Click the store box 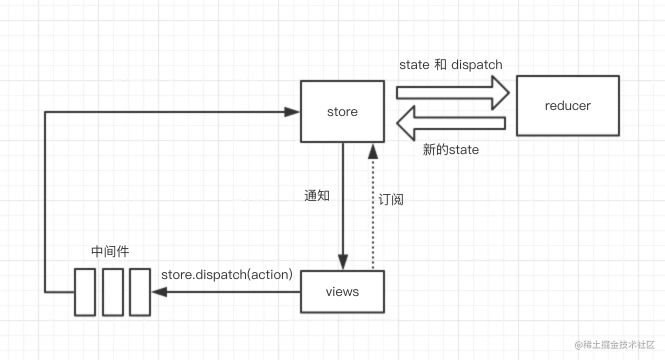(x=342, y=111)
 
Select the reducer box (x=567, y=105)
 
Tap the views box (x=342, y=291)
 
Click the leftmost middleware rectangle (x=85, y=292)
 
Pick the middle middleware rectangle (x=112, y=292)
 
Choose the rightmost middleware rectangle (x=139, y=292)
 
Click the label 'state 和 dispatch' (x=450, y=64)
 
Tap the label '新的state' (x=450, y=149)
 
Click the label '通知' (x=317, y=195)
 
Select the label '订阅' (x=390, y=199)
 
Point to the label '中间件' (x=110, y=251)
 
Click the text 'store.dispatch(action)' (x=226, y=274)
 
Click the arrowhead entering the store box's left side (x=291, y=112)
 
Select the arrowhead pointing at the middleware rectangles (x=159, y=292)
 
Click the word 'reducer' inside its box (x=567, y=105)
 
